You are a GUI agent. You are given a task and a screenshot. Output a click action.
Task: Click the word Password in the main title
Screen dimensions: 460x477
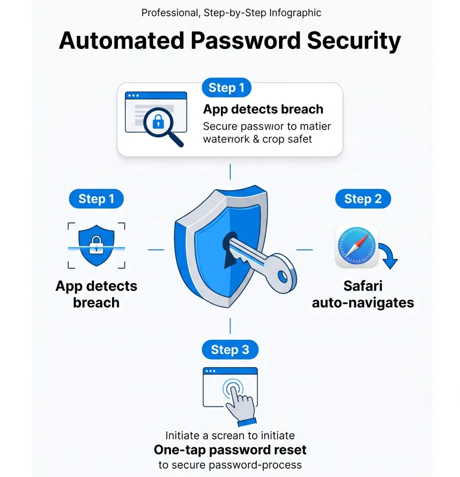[x=245, y=41]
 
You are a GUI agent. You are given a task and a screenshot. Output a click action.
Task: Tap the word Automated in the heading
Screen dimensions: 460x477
[x=122, y=41]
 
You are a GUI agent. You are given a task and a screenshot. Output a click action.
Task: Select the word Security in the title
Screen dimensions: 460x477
[x=354, y=41]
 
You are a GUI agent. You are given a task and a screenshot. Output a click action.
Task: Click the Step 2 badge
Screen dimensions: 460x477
[x=363, y=199]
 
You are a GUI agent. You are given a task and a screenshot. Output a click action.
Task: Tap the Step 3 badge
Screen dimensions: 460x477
[x=230, y=349]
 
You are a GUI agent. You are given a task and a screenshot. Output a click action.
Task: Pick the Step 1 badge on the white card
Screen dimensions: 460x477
[x=226, y=88]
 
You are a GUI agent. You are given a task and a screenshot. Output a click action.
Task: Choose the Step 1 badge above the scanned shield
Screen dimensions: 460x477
[x=96, y=199]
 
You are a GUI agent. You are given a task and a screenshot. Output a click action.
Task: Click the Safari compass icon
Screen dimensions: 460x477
[x=357, y=246]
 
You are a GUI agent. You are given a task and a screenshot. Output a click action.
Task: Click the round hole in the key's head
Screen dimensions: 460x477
[x=283, y=277]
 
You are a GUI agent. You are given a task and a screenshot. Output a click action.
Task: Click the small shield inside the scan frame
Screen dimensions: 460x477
[x=97, y=245]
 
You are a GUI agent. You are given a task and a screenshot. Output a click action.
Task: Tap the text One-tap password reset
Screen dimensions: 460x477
[x=230, y=450]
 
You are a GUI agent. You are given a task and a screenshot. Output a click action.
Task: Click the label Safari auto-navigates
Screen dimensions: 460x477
[x=363, y=294]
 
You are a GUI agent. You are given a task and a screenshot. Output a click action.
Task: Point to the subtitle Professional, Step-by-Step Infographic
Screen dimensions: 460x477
[x=231, y=13]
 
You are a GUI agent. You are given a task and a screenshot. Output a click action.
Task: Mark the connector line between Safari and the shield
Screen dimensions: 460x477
[x=304, y=250]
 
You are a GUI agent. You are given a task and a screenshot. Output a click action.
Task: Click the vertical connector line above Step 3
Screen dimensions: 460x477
[x=230, y=326]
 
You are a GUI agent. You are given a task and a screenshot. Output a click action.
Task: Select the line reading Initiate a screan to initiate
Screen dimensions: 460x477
[x=230, y=435]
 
